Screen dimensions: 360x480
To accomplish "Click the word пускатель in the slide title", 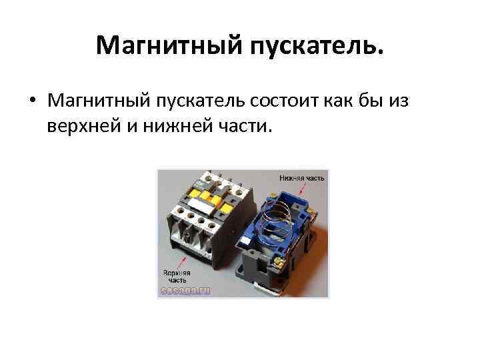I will [x=317, y=46].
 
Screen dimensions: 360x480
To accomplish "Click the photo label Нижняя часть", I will [x=302, y=178].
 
